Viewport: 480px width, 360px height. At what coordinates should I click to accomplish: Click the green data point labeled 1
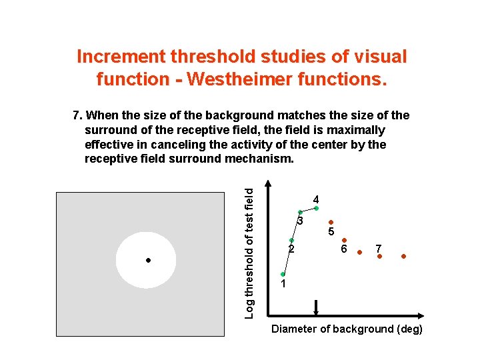click(283, 274)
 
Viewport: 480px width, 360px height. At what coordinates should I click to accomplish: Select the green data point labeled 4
click(317, 209)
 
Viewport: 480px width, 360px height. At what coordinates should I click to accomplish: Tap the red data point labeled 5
click(331, 223)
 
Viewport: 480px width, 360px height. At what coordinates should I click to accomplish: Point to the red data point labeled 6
click(344, 240)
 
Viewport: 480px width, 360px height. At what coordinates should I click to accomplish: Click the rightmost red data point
click(403, 257)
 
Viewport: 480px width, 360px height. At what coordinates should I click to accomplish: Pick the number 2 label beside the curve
click(291, 250)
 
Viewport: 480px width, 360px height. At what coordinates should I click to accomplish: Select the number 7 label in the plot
click(378, 248)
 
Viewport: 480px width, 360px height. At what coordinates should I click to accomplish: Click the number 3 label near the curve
click(301, 221)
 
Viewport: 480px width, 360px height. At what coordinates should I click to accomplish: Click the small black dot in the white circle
click(148, 260)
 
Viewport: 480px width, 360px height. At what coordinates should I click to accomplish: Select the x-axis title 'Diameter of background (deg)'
click(347, 329)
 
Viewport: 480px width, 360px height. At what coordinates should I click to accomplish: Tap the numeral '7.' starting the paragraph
click(77, 115)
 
